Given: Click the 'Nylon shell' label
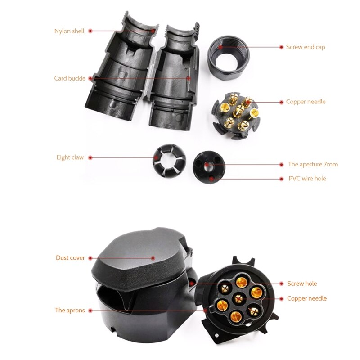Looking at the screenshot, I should (69, 31).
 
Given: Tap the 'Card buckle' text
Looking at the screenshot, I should (70, 78).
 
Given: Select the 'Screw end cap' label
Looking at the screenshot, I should (306, 47).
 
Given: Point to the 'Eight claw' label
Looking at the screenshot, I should (70, 157).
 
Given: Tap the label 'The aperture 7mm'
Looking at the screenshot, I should (313, 164).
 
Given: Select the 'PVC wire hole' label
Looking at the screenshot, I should (307, 178).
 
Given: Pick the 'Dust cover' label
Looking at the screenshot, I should (70, 258).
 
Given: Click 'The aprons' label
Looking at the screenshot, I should (70, 310).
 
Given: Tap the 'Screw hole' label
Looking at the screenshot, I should (302, 283).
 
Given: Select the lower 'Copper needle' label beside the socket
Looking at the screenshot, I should (307, 298).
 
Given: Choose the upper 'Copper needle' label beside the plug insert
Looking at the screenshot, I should (306, 102).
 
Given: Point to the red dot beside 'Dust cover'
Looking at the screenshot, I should (90, 258).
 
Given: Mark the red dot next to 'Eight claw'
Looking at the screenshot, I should (90, 157).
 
